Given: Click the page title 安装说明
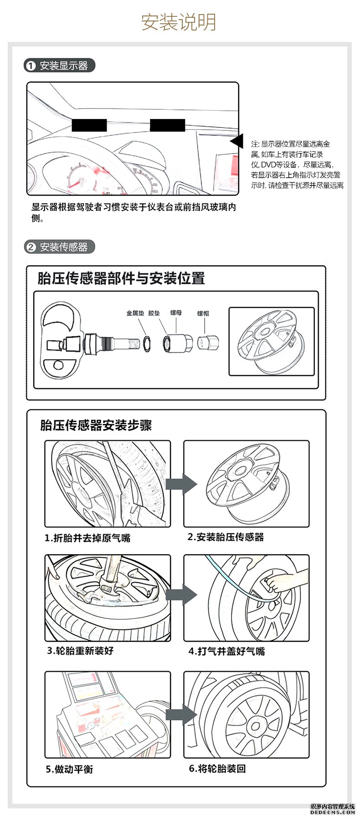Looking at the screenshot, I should point(179,22).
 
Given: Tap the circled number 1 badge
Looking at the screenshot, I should point(31,66).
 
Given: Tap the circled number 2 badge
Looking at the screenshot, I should point(31,247).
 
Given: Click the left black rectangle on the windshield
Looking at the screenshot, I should point(89,125).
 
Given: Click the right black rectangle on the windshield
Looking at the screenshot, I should point(167,125).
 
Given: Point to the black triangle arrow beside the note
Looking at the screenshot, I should point(237,141).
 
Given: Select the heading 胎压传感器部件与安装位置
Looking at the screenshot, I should point(121,278).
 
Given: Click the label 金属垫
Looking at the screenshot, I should point(135,313).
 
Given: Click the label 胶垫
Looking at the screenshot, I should point(154,313).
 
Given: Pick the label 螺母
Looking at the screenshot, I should point(176,313).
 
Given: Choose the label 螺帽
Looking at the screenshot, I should point(203,313).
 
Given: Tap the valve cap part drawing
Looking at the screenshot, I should point(208,343).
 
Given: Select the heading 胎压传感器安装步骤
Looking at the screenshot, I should point(96,425).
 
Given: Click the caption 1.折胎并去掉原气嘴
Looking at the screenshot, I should point(87,538).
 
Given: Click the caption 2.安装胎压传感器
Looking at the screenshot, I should point(226,537).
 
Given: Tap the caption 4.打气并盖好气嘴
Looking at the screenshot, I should point(226,651).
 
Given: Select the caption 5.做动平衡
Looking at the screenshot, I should point(69,769).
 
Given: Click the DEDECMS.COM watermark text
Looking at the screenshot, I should point(332,812).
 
